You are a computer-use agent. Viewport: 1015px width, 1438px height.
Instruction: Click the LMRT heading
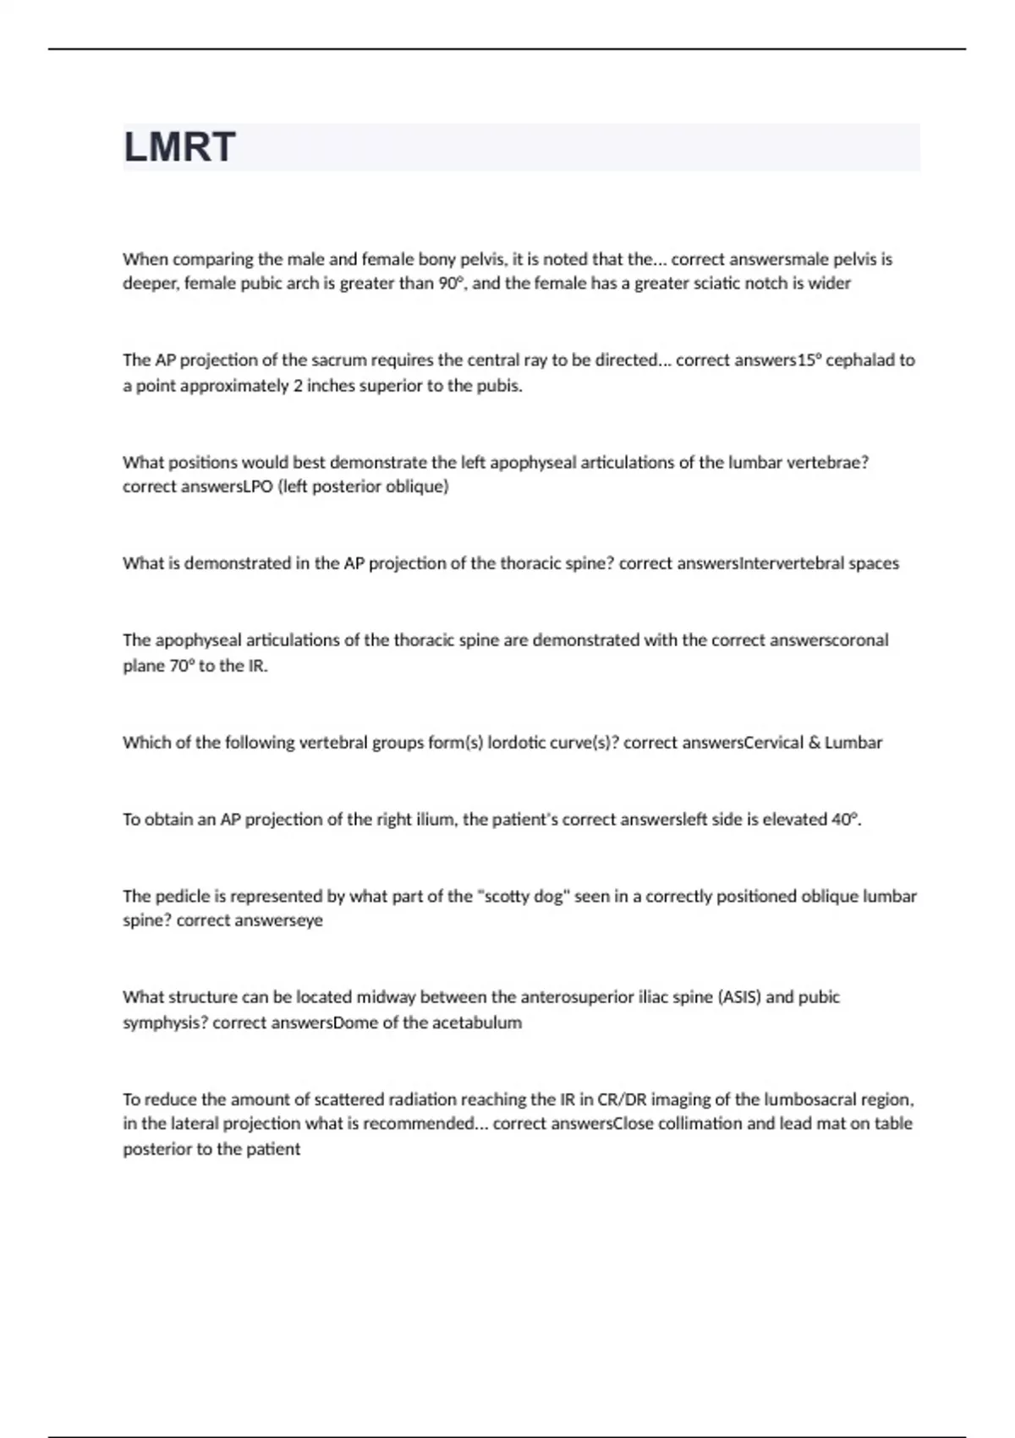(179, 147)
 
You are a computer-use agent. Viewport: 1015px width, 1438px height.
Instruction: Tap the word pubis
(502, 387)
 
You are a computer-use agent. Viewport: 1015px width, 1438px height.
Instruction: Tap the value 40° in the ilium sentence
(846, 820)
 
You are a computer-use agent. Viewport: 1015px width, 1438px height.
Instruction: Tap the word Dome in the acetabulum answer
(356, 1023)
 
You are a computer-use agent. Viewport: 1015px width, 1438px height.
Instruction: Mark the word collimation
(701, 1124)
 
